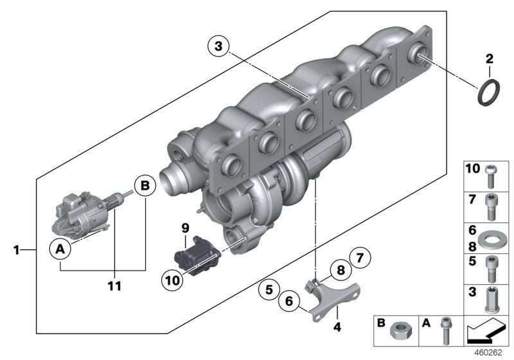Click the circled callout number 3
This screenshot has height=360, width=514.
[x=218, y=46]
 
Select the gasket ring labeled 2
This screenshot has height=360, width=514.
[x=489, y=93]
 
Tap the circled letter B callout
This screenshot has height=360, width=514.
[x=145, y=186]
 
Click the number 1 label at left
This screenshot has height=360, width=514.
[x=15, y=248]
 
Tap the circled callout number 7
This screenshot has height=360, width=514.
[x=360, y=259]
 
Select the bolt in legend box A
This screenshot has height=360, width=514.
[x=443, y=333]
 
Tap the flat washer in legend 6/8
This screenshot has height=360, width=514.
[x=492, y=239]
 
